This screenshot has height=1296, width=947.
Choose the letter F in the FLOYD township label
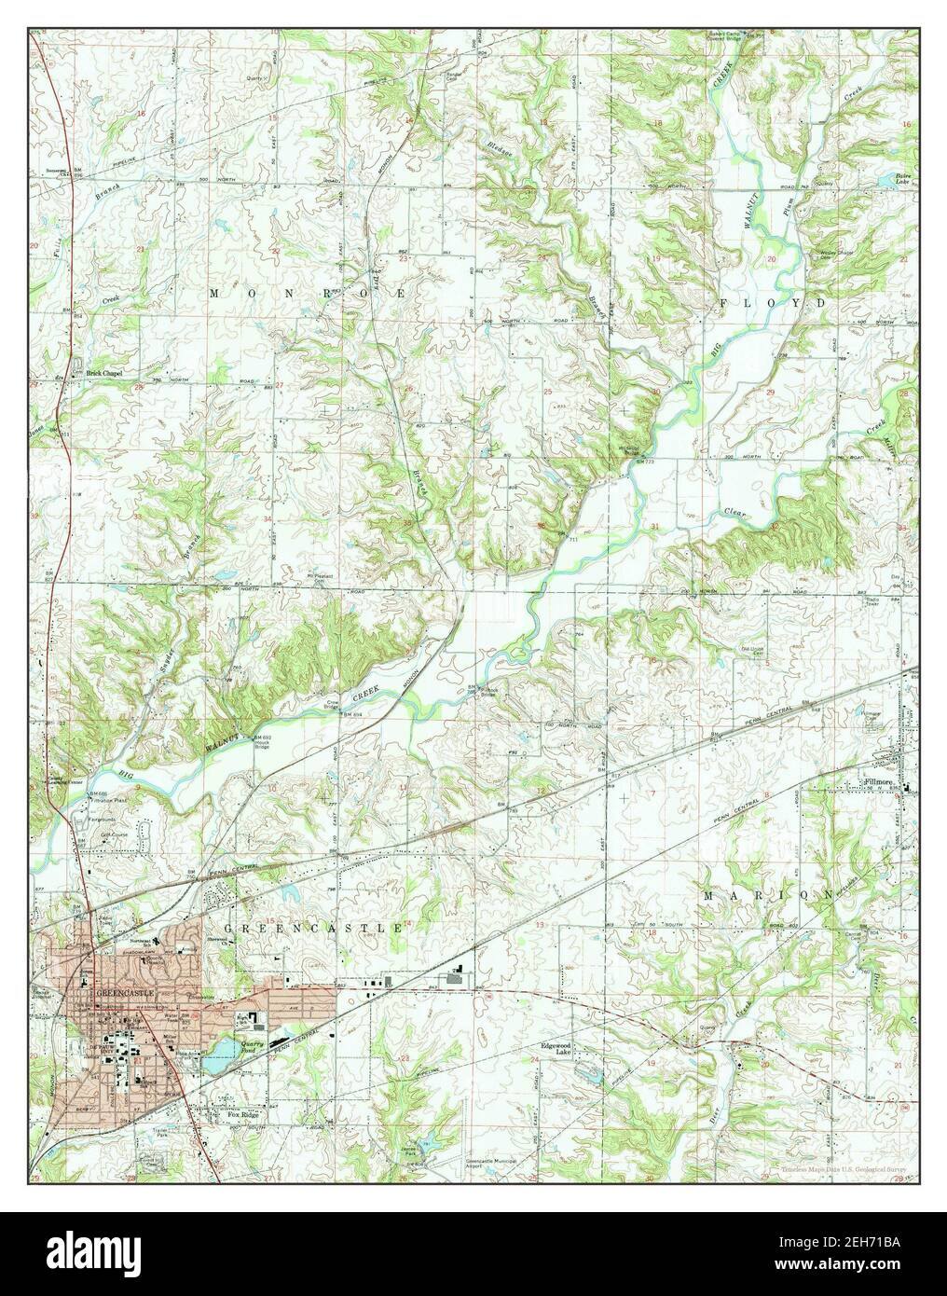(726, 304)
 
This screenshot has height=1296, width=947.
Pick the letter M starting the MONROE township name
(214, 293)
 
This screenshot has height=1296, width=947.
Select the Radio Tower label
(875, 600)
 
